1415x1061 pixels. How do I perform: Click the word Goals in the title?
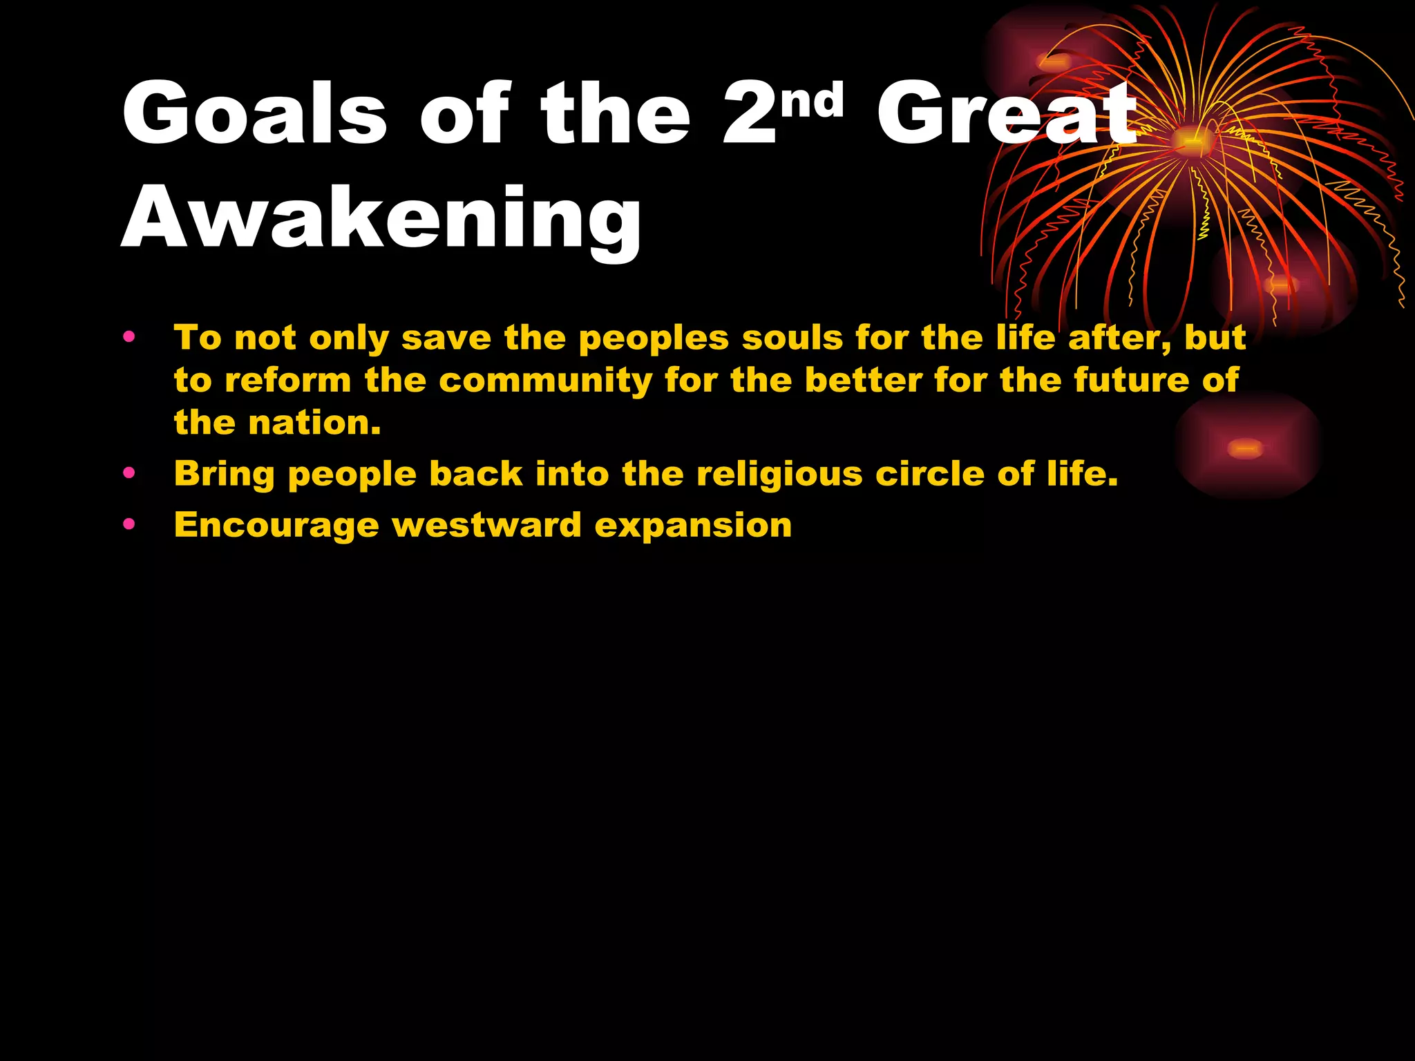[254, 114]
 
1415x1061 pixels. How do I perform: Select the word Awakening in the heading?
[381, 220]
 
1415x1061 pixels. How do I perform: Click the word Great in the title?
[1005, 114]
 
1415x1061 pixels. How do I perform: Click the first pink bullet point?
[129, 338]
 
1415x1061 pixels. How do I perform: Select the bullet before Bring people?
[129, 474]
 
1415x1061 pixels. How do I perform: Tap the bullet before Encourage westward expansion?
[129, 525]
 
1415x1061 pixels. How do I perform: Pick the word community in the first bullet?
[549, 381]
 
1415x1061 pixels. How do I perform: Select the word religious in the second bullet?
[779, 475]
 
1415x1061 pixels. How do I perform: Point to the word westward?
[486, 526]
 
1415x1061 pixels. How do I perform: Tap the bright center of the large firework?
[1190, 141]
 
